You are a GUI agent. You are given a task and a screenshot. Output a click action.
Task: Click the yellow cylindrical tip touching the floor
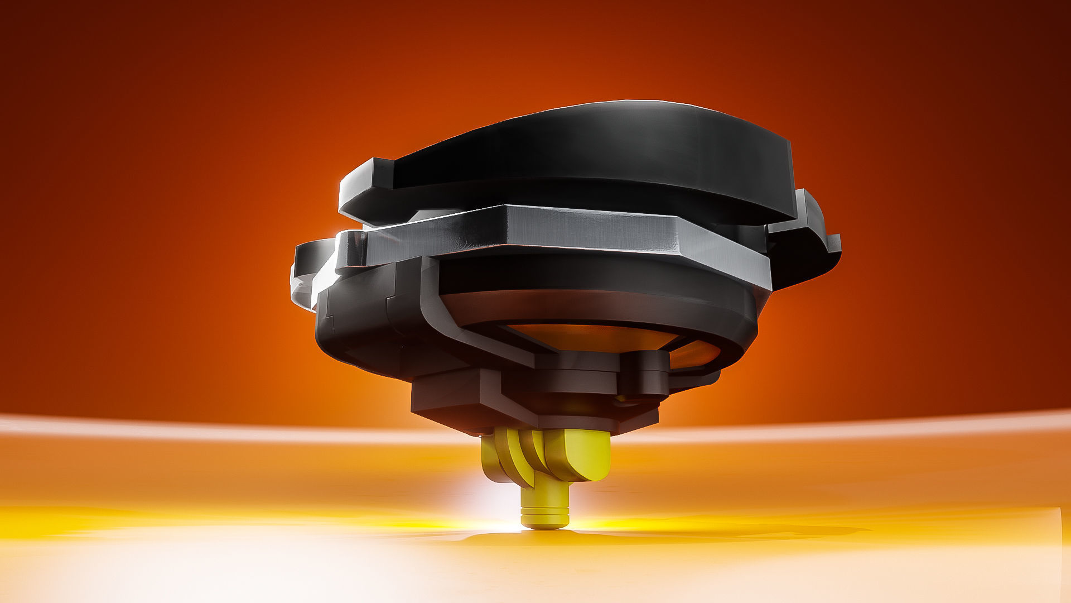[546, 505]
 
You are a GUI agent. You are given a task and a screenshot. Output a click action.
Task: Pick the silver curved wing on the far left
[304, 274]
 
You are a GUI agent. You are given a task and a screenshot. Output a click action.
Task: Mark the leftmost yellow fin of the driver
[491, 458]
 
